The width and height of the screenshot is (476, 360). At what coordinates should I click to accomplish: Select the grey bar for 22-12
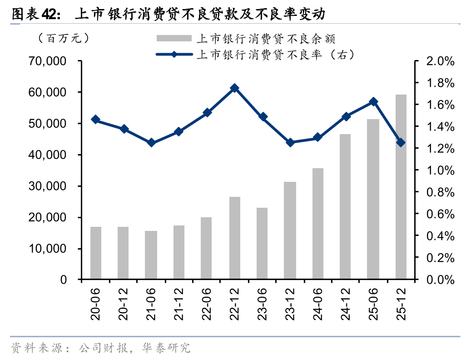[234, 238]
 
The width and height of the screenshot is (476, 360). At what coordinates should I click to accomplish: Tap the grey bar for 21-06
[151, 255]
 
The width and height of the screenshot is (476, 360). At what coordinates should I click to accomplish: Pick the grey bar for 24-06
[317, 224]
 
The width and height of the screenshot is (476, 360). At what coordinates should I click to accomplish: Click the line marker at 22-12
[234, 88]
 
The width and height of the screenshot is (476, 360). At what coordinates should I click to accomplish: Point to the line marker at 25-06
[373, 102]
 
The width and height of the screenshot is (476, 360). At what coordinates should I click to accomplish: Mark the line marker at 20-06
[95, 120]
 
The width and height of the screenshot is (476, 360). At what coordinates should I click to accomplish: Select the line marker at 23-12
[290, 142]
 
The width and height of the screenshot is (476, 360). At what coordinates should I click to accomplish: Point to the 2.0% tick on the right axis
[440, 61]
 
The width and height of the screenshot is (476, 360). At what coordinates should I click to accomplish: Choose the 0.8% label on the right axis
[440, 192]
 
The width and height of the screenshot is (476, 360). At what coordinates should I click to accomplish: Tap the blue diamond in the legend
[174, 55]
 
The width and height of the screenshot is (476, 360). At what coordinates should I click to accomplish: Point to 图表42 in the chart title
[34, 14]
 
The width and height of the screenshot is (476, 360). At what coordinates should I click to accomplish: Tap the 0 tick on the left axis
[64, 280]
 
